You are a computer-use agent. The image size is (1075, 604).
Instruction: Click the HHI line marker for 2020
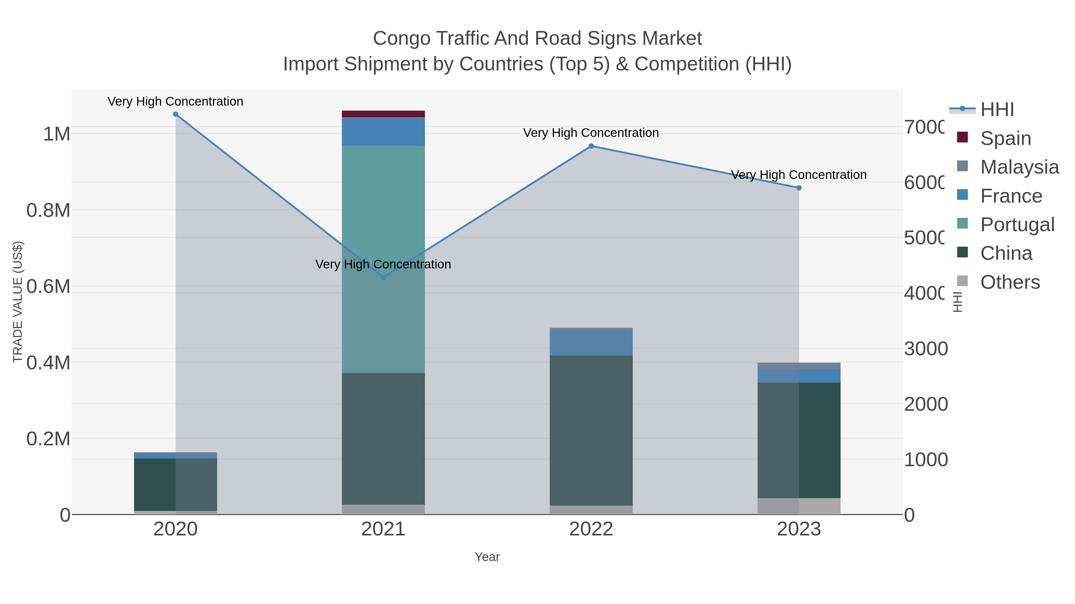(x=175, y=114)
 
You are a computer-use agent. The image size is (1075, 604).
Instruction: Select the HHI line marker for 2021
(x=383, y=277)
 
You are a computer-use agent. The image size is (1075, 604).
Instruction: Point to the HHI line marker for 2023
(x=799, y=188)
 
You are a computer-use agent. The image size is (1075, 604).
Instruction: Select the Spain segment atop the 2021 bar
(x=383, y=114)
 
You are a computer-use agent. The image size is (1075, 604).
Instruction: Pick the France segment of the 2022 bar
(x=591, y=343)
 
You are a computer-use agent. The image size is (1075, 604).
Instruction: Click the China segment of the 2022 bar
(x=591, y=429)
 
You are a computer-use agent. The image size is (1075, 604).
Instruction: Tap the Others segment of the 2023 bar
(x=799, y=506)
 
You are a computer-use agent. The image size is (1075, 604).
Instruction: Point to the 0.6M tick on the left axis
(x=48, y=286)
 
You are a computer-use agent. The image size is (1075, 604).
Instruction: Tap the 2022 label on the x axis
(x=591, y=529)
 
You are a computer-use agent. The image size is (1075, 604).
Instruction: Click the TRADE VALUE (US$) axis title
(x=18, y=302)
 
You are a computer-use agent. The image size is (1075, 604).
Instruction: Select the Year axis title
(x=487, y=557)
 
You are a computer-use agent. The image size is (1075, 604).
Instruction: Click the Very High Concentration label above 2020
(x=175, y=101)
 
